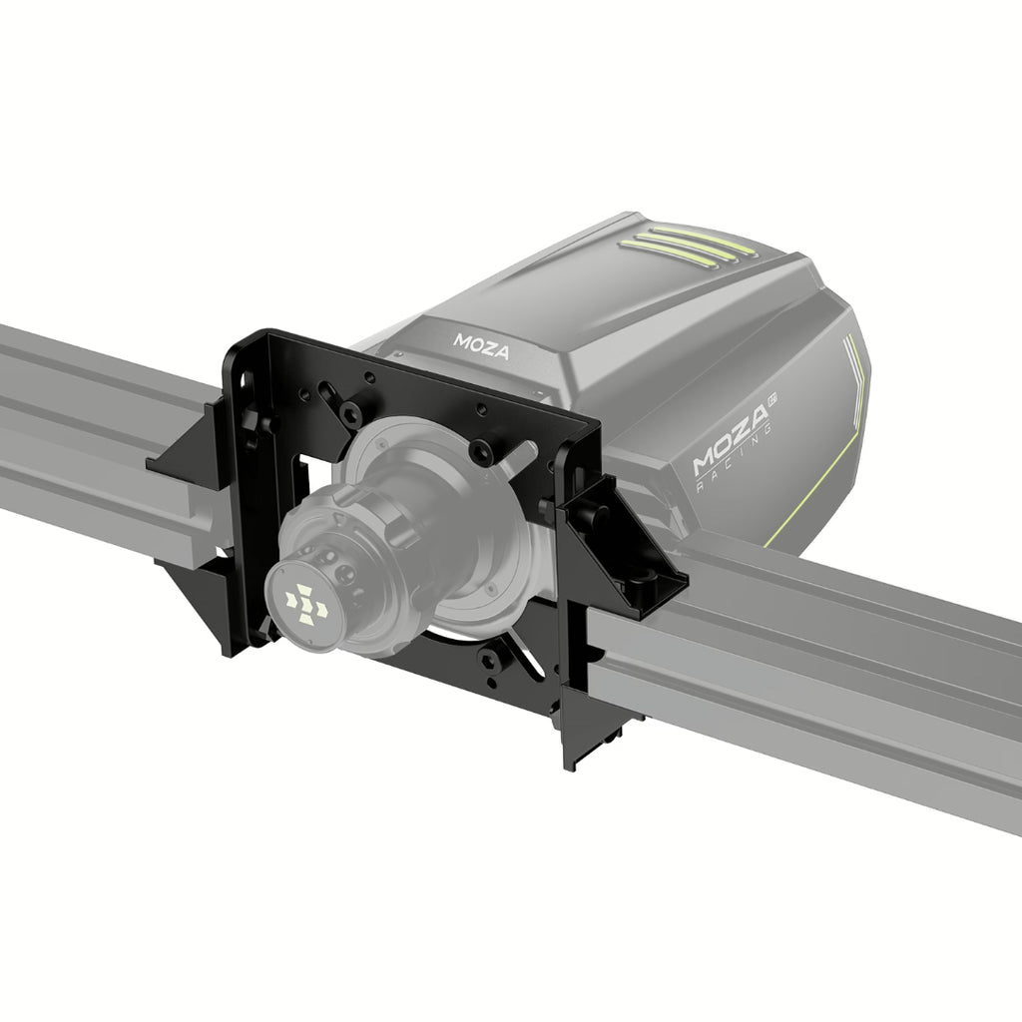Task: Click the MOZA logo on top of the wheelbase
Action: [x=481, y=346]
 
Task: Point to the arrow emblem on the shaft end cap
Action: [x=306, y=604]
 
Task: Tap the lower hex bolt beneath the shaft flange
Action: [x=489, y=661]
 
